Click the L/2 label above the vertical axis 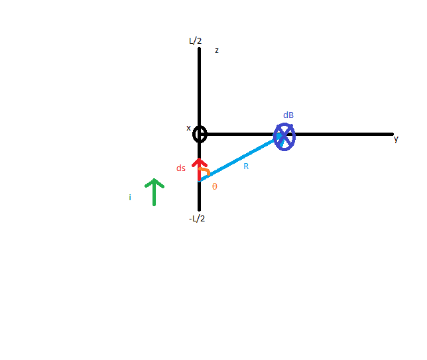[195, 41]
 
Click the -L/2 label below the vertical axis [197, 219]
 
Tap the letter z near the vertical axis [217, 50]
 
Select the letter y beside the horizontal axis [396, 139]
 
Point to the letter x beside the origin [188, 128]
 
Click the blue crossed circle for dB [284, 137]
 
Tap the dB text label [288, 115]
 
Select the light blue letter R [246, 166]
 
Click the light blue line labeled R [239, 158]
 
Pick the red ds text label [181, 168]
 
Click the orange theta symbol [215, 186]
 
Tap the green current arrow [154, 192]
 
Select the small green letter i [130, 197]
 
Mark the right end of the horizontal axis [393, 134]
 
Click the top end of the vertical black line [200, 49]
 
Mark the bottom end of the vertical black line [200, 210]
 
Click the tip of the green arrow [154, 179]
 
